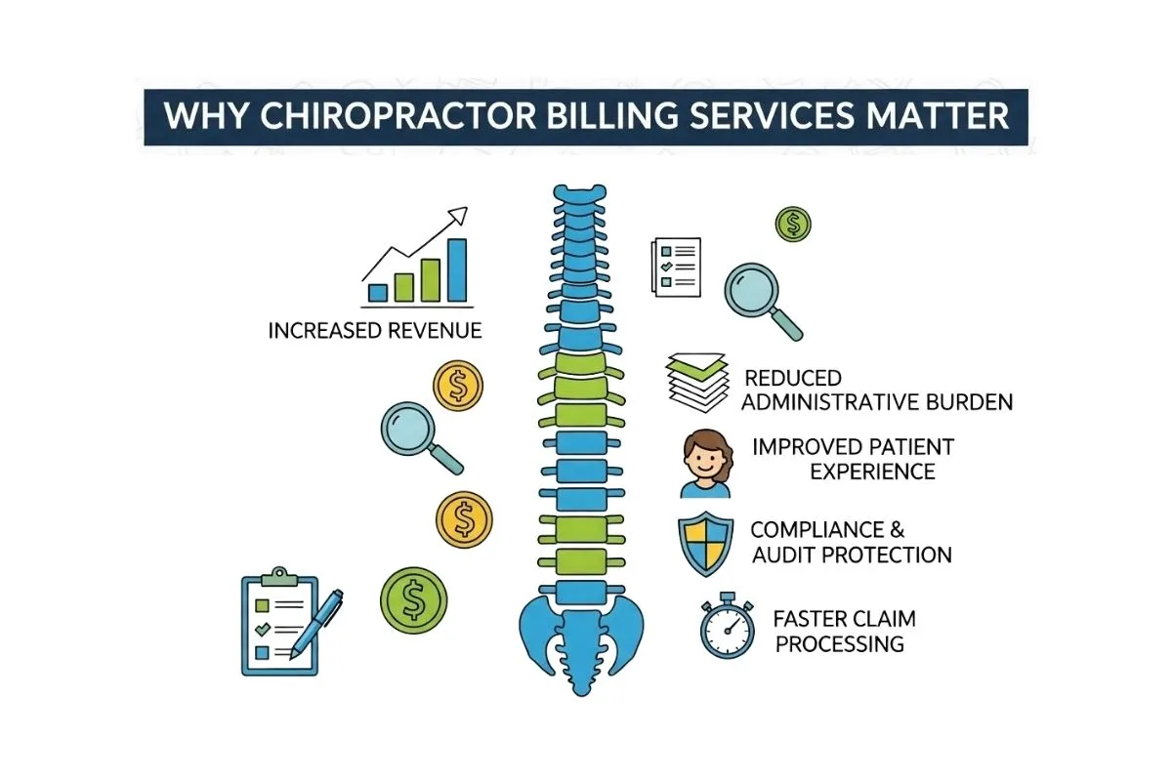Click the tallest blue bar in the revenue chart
click(456, 269)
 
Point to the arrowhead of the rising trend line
click(461, 213)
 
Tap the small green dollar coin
click(792, 224)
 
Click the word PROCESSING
click(840, 643)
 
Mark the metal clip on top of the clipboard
click(280, 576)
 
